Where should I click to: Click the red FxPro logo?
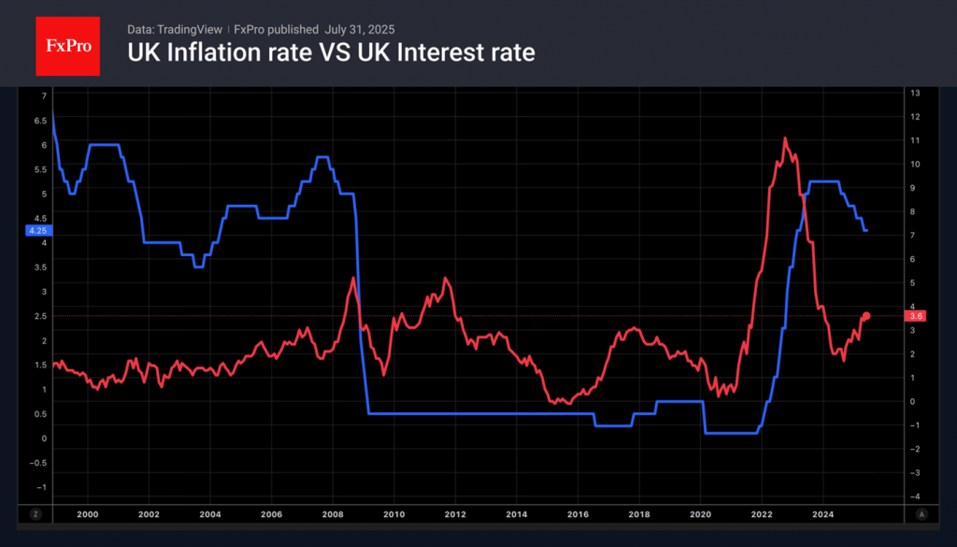[x=67, y=45]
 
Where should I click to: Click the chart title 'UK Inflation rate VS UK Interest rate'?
[x=331, y=52]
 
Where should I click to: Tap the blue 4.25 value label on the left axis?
[x=38, y=230]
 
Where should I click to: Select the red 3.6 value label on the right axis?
[x=916, y=316]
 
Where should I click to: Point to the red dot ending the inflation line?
[x=866, y=316]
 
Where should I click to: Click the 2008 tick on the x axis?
[x=333, y=513]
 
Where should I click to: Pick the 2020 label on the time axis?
[x=701, y=513]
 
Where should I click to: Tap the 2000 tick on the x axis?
[x=87, y=513]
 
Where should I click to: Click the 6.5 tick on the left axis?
[x=39, y=121]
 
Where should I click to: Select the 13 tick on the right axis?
[x=916, y=93]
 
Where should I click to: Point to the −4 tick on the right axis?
[x=916, y=496]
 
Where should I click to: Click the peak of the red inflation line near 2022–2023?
[x=784, y=138]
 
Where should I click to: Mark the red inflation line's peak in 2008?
[x=352, y=278]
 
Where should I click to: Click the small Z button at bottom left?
[x=36, y=513]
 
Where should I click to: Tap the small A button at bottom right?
[x=921, y=513]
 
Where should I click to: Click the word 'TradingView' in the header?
[x=191, y=29]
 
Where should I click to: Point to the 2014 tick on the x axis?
[x=517, y=513]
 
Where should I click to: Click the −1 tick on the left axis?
[x=39, y=486]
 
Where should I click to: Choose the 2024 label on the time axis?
[x=823, y=513]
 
